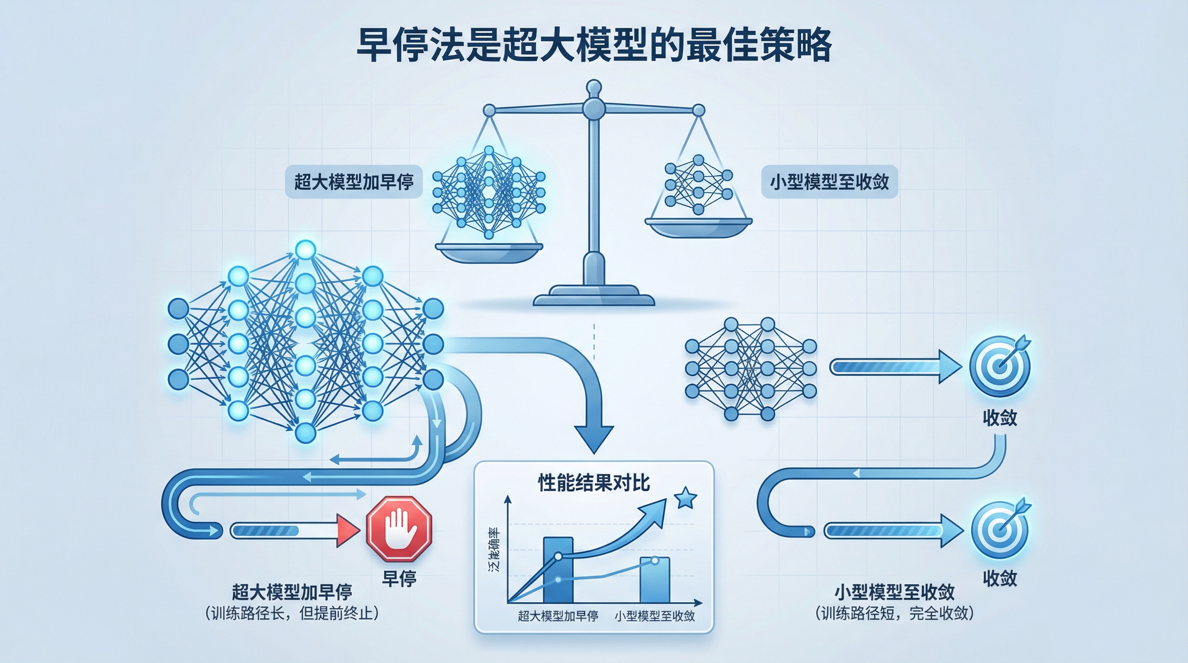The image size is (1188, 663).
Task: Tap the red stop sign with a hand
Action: (399, 528)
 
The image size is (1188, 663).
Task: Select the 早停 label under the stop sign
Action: (399, 578)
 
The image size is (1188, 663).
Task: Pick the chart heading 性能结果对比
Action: (594, 483)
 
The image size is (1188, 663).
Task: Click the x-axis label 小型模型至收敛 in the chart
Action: (654, 616)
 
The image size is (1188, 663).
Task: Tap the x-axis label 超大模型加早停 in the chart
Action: (558, 616)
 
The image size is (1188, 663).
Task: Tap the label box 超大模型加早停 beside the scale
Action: (354, 182)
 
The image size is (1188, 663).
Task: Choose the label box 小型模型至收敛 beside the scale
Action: (829, 182)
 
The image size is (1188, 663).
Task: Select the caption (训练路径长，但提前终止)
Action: (292, 613)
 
